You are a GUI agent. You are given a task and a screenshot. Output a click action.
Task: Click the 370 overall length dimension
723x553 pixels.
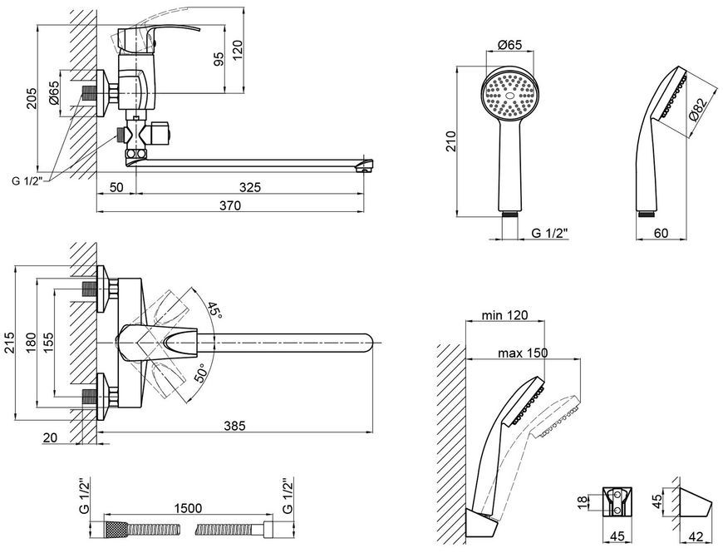(229, 205)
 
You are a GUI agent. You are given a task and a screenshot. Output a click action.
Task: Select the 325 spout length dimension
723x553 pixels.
(250, 187)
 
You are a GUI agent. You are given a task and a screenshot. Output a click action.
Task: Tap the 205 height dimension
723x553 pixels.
(32, 98)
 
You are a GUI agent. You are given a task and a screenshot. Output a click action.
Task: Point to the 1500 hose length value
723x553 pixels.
(188, 508)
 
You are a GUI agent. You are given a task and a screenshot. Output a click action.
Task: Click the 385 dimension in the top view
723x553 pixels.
(234, 426)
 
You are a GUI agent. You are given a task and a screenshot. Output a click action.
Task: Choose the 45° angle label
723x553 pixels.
(214, 310)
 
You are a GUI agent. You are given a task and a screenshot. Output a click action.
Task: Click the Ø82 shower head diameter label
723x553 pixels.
(697, 109)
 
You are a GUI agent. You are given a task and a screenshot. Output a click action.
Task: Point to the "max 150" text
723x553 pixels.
(523, 353)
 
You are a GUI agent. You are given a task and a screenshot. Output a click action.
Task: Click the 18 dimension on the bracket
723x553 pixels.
(582, 501)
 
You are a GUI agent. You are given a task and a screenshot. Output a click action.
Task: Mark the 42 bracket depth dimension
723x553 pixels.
(696, 537)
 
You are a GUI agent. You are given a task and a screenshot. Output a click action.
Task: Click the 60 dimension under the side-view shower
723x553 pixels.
(661, 234)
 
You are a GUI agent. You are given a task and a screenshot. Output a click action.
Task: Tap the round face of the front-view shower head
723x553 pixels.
(509, 94)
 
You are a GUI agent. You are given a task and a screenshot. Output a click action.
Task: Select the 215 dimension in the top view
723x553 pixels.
(9, 343)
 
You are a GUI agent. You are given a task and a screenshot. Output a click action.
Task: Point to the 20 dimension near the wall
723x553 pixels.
(49, 437)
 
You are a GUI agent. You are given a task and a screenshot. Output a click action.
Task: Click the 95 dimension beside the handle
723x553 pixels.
(219, 58)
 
